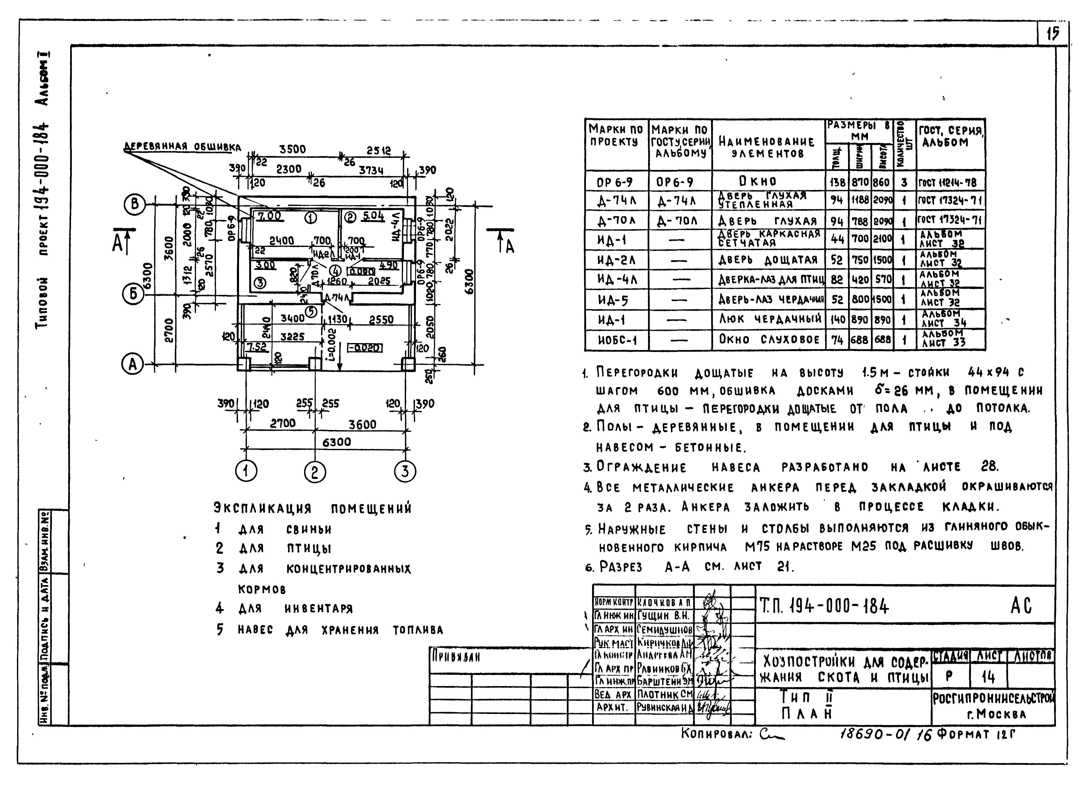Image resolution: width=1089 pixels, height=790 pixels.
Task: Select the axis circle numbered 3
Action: [405, 471]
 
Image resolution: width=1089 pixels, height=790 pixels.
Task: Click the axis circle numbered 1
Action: [246, 471]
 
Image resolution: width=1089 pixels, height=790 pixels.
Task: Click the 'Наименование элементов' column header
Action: [767, 147]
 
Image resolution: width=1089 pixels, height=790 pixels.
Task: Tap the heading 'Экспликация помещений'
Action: [313, 508]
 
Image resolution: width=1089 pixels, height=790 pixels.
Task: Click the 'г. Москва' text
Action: [996, 714]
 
